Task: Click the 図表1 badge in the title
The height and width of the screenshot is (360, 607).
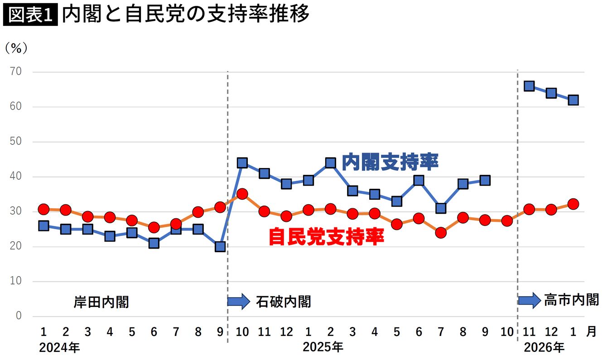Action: pyautogui.click(x=30, y=16)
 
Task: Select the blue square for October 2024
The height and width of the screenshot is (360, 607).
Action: pyautogui.click(x=242, y=163)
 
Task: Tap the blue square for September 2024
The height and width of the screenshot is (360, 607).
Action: pyautogui.click(x=220, y=246)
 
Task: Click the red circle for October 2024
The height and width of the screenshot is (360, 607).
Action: pyautogui.click(x=242, y=194)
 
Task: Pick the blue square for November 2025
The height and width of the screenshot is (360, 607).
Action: pyautogui.click(x=529, y=86)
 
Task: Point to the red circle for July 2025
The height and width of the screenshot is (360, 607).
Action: pyautogui.click(x=441, y=233)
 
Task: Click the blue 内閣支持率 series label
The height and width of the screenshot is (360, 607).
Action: pyautogui.click(x=390, y=162)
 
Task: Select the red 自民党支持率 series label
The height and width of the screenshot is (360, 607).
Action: pyautogui.click(x=326, y=236)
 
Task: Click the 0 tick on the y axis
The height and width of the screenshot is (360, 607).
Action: pyautogui.click(x=19, y=316)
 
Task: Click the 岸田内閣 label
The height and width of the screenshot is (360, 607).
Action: pyautogui.click(x=101, y=302)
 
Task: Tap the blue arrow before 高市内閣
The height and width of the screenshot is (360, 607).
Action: pyautogui.click(x=529, y=300)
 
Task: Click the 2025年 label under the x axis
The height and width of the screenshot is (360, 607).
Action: pyautogui.click(x=323, y=347)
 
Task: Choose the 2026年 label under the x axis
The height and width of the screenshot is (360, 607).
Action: pyautogui.click(x=544, y=347)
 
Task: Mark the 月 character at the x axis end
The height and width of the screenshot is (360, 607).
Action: pyautogui.click(x=591, y=332)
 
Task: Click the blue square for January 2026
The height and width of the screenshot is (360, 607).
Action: pyautogui.click(x=573, y=100)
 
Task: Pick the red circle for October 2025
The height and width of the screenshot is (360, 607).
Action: pyautogui.click(x=507, y=221)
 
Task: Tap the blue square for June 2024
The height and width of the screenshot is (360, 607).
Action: pyautogui.click(x=154, y=243)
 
